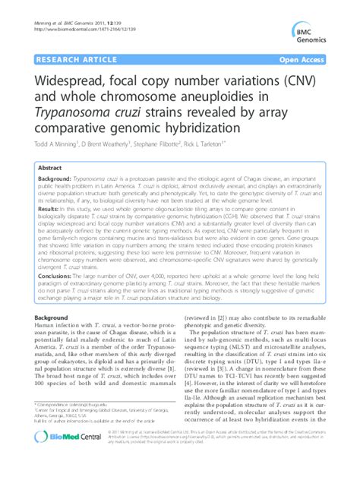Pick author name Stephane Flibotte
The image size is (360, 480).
(x=197, y=144)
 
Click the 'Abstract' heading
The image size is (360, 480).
(x=50, y=166)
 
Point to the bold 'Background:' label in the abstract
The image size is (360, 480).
(x=54, y=178)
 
